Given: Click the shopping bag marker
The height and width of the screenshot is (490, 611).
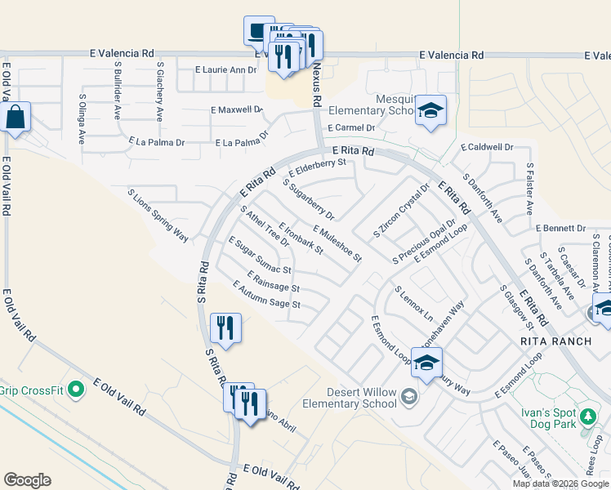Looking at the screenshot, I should [x=16, y=118].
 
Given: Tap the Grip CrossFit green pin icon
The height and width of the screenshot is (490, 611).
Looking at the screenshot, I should [x=77, y=389].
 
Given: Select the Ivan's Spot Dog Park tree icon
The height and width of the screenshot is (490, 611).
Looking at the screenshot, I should [x=587, y=418].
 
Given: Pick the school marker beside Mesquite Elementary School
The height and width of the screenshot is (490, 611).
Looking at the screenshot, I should [x=430, y=112].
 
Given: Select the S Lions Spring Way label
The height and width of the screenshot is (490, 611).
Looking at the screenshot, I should [x=158, y=216].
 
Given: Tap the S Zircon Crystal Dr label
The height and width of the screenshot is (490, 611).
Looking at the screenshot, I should [x=400, y=211].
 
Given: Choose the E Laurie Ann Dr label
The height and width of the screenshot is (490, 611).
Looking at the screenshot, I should [x=226, y=70].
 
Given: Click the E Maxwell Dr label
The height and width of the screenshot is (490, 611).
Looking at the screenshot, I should [x=237, y=109].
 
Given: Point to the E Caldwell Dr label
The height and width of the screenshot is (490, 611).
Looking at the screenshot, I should [x=487, y=148].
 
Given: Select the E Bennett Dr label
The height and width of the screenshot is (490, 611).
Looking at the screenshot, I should [x=561, y=228].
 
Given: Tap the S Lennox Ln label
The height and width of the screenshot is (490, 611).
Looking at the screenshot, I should [x=413, y=302].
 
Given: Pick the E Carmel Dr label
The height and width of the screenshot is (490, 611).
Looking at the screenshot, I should [x=350, y=128].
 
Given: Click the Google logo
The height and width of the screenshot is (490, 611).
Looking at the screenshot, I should [x=27, y=480].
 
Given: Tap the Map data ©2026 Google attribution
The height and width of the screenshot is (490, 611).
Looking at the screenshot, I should [x=560, y=483].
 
